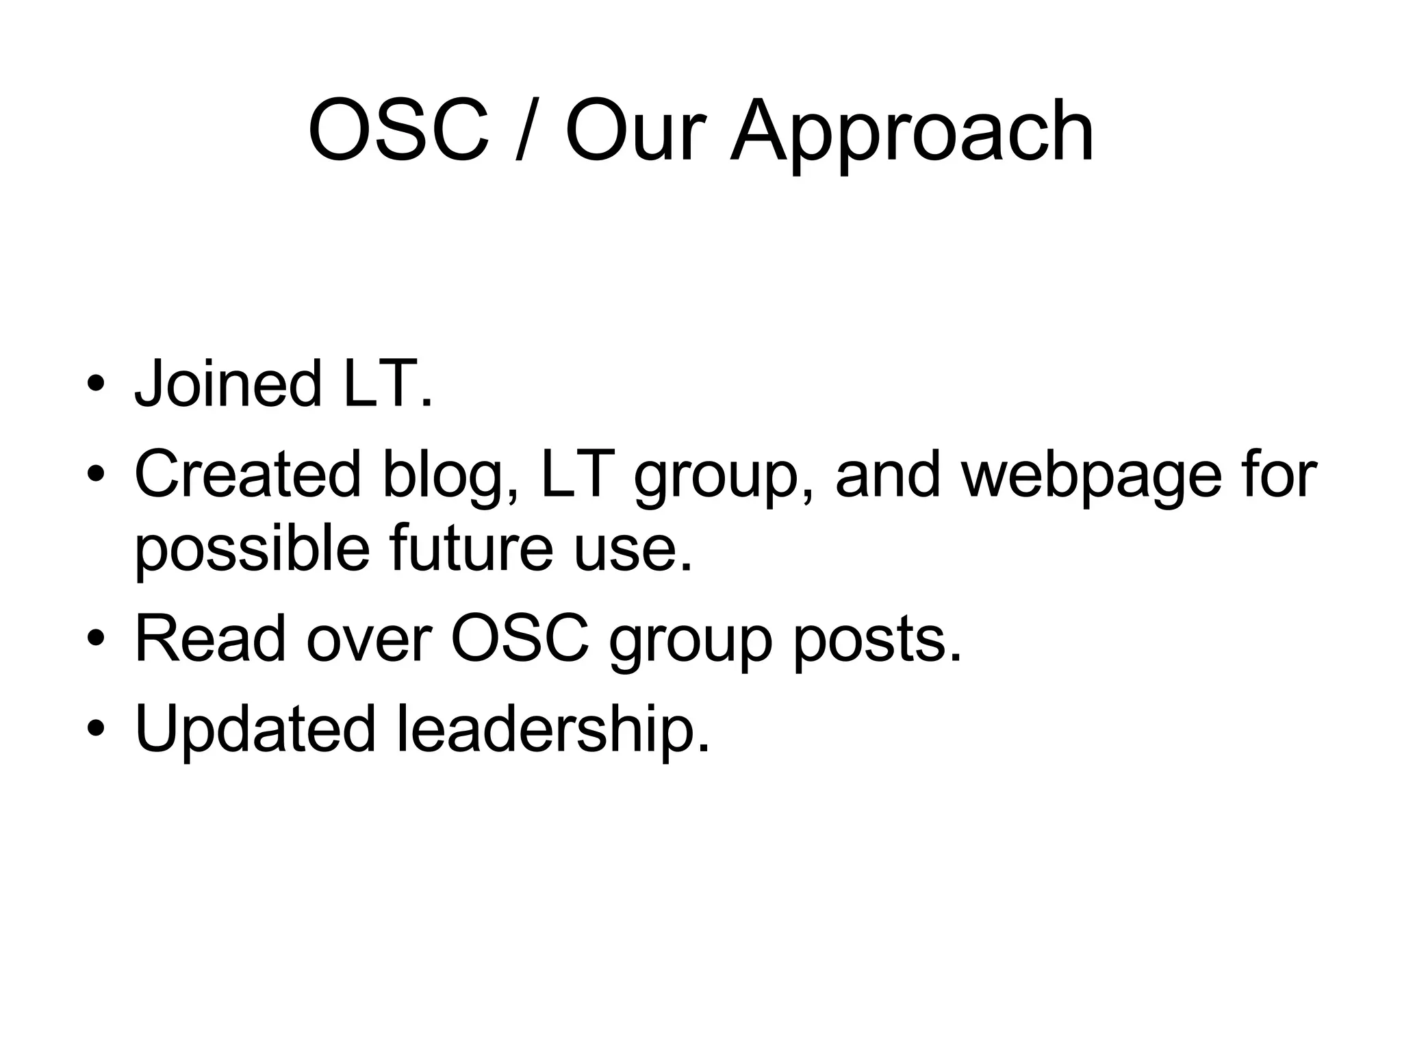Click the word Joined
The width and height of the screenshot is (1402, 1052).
228,384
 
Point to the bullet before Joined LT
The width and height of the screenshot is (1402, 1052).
96,384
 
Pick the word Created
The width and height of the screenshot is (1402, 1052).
247,474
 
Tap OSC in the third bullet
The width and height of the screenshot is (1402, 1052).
520,638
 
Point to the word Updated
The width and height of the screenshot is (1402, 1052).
255,728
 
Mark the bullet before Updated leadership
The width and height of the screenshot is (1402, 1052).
96,729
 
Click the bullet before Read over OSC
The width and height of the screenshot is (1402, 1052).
96,638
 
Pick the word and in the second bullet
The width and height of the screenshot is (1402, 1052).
888,474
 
